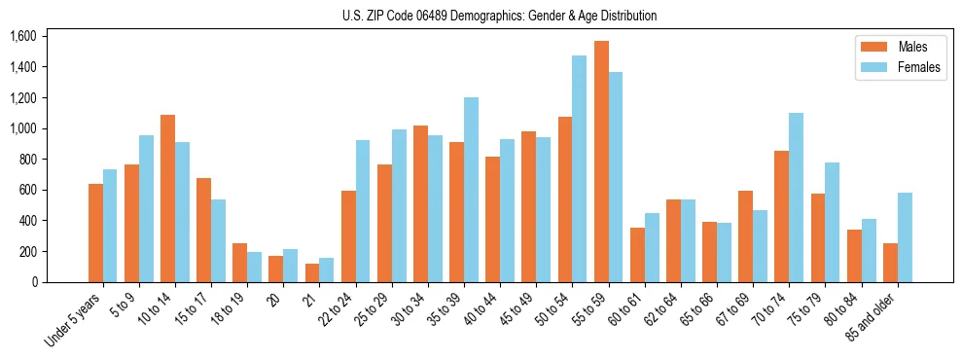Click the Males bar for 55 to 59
click(x=601, y=162)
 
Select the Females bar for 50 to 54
click(x=579, y=169)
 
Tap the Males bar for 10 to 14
click(x=167, y=198)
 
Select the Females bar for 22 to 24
click(x=363, y=211)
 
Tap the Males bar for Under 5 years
click(x=95, y=233)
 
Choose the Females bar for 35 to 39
click(x=471, y=190)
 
